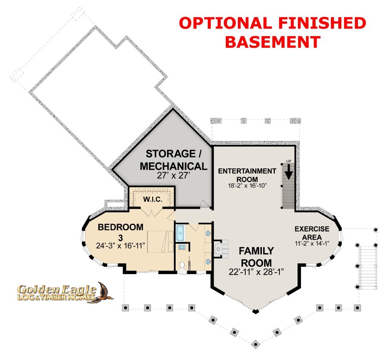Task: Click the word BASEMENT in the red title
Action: pos(273,42)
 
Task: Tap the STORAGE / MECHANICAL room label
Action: pos(174,160)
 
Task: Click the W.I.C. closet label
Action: pos(153,199)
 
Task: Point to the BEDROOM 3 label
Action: pos(120,232)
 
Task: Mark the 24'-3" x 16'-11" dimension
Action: pos(120,246)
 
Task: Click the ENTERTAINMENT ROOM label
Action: pos(247,175)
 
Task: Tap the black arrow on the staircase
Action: pos(289,172)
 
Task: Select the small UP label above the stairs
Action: pos(289,161)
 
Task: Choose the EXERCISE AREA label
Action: pos(312,233)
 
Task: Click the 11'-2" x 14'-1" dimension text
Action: pos(312,243)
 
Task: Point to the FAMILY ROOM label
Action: pos(256,257)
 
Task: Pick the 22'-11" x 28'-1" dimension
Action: pos(256,272)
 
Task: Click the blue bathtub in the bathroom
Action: pos(180,233)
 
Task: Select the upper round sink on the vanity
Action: pos(208,233)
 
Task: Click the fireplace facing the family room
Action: pos(220,249)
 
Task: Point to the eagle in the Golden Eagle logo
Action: pos(104,292)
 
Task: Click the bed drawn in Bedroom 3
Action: pos(160,242)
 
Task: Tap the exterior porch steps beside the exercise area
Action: pos(368,267)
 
